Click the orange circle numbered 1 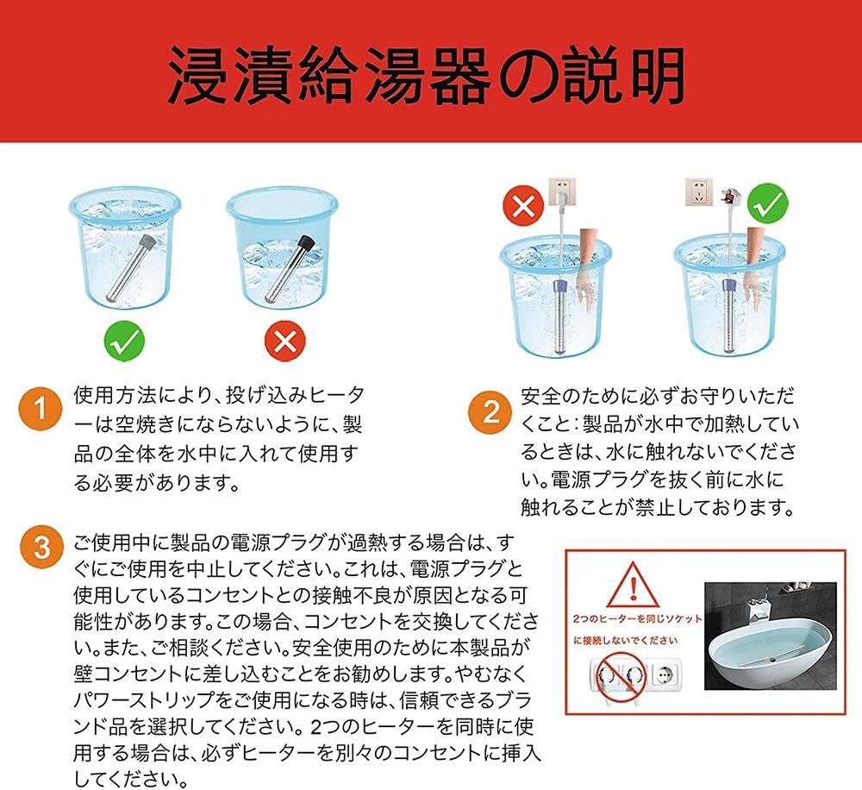41,410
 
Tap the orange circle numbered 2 490,412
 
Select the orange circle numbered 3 41,548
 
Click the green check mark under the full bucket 125,341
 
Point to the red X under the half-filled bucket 284,341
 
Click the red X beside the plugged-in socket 523,206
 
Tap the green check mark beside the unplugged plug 768,204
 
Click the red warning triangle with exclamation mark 634,584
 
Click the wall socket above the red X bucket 562,192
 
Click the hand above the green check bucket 756,265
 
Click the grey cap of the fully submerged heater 147,242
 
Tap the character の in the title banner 527,77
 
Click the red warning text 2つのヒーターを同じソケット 638,619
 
